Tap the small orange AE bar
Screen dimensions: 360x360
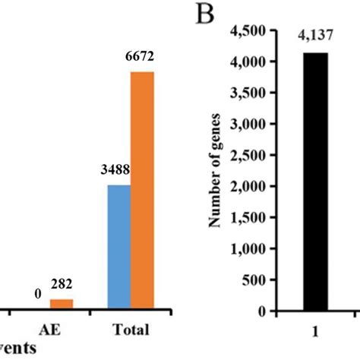(x=62, y=305)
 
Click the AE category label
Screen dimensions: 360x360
(x=50, y=330)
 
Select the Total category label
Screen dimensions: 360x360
(x=131, y=330)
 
